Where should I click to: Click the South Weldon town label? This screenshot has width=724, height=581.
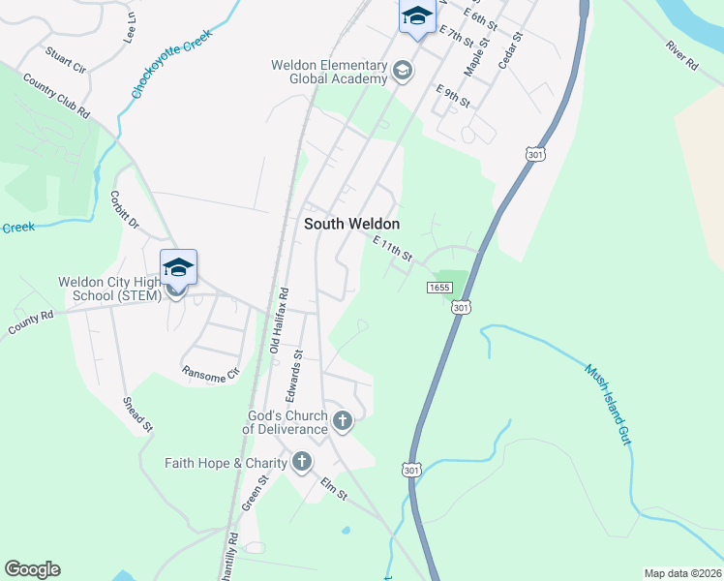(351, 223)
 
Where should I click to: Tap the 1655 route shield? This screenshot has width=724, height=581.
(438, 287)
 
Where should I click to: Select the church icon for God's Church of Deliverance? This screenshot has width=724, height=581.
(342, 420)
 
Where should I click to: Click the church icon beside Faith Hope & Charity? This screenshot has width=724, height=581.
(302, 462)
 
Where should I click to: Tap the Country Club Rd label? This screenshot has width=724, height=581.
(55, 97)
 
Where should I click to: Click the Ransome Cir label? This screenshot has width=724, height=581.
(210, 373)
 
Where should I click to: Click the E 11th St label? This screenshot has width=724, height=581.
(393, 250)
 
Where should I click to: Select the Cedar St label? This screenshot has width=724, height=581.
(510, 49)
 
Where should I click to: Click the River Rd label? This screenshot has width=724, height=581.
(681, 57)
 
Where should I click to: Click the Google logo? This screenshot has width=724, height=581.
(32, 569)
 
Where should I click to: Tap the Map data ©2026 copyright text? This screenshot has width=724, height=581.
(682, 573)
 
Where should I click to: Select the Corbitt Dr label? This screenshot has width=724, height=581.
(127, 209)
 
